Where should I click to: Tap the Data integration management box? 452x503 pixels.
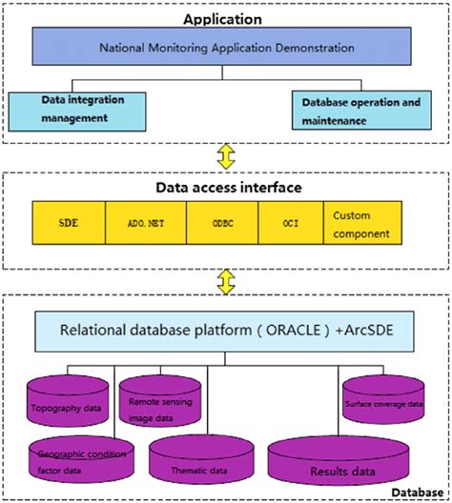click(78, 109)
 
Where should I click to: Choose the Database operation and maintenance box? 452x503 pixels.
click(368, 111)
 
